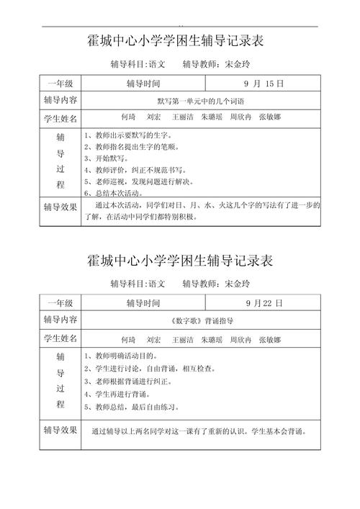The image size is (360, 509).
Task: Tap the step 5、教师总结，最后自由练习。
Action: (x=134, y=407)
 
